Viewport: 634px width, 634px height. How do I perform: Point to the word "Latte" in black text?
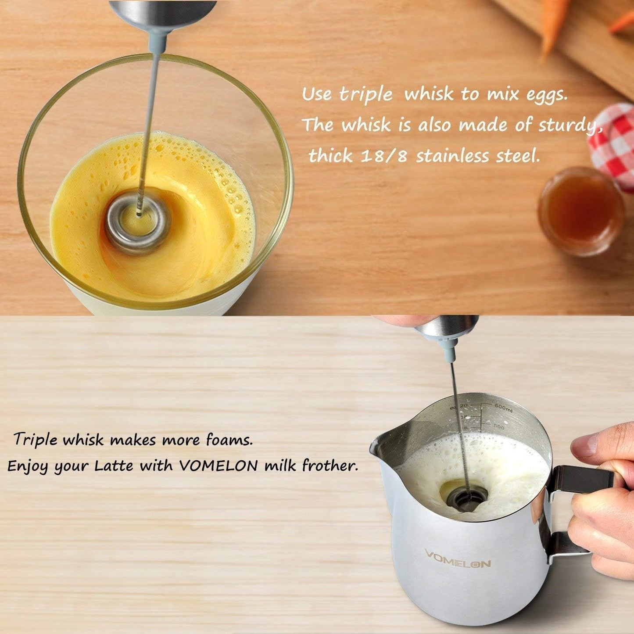click(x=113, y=466)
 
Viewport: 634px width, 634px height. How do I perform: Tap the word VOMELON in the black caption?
click(x=218, y=466)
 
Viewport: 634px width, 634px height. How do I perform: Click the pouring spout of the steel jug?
click(x=378, y=445)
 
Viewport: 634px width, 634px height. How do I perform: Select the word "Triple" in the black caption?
click(x=35, y=440)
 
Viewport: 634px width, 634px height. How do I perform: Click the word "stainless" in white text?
click(x=452, y=156)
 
